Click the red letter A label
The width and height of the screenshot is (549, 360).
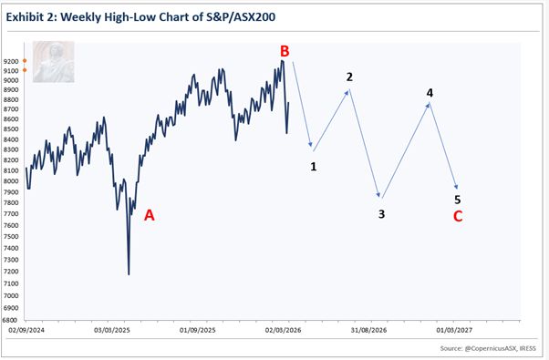(x=150, y=215)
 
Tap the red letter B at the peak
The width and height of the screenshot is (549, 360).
(x=285, y=51)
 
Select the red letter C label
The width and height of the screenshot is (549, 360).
(x=458, y=216)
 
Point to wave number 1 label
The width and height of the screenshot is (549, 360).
(x=313, y=167)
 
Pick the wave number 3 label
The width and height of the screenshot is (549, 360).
(x=382, y=214)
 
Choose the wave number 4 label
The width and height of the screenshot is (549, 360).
(x=430, y=92)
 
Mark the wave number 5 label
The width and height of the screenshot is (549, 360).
(x=458, y=199)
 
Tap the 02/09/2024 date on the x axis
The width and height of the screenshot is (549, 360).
(x=23, y=331)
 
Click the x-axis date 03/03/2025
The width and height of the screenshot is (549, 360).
(x=110, y=331)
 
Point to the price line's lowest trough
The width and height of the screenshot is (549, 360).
(x=129, y=273)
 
